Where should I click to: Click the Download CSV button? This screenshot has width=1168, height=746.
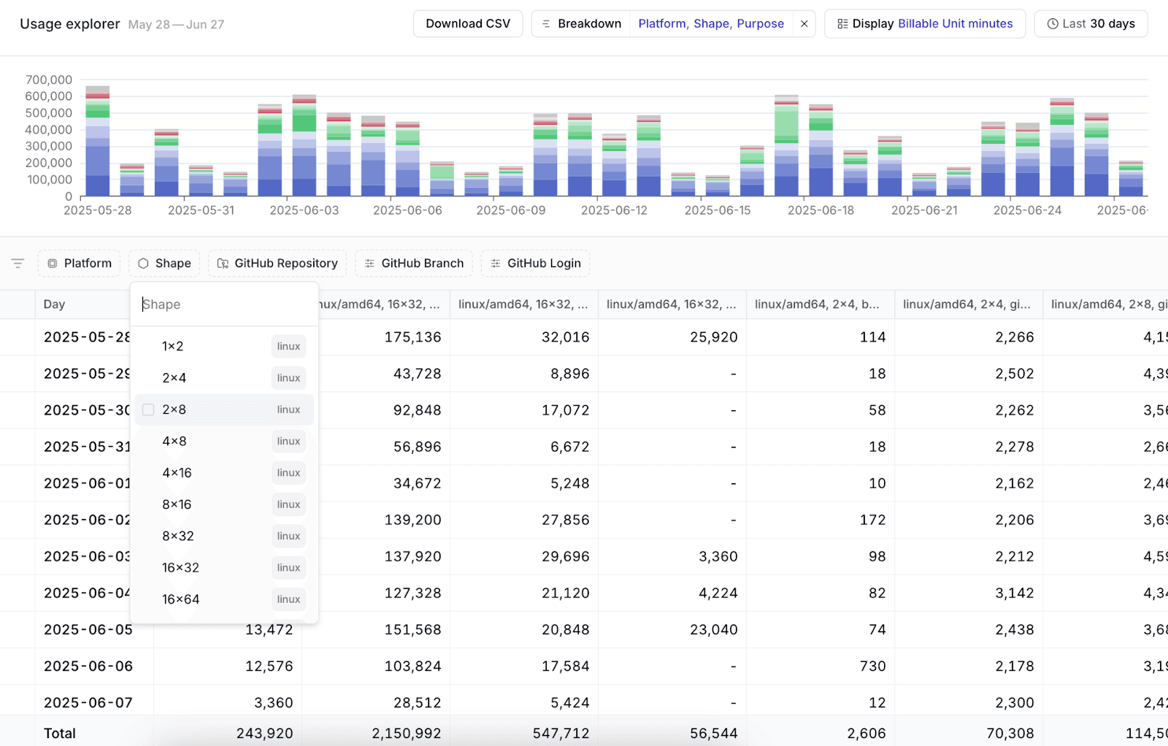pos(468,24)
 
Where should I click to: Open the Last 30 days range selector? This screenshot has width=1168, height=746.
pos(1091,24)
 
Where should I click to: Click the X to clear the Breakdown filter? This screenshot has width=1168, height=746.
pos(804,24)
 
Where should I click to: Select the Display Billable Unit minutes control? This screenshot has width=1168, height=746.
pos(924,24)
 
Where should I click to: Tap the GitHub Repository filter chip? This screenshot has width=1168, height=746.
pos(277,264)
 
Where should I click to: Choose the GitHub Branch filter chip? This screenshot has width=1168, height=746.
pos(414,264)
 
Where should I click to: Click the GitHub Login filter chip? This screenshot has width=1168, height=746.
pos(535,264)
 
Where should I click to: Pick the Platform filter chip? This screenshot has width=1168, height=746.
pos(79,264)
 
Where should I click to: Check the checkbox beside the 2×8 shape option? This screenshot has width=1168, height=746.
pos(148,409)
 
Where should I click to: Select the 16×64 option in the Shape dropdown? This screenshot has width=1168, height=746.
pos(181,599)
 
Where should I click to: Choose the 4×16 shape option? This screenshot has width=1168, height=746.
pos(177,473)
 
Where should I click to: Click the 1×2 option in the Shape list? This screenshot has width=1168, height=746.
pos(173,347)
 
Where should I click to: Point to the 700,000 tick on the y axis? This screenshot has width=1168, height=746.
pos(49,80)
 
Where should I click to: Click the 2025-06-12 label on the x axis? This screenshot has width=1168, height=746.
pos(614,210)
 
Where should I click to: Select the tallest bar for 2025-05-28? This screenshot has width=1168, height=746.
pos(98,142)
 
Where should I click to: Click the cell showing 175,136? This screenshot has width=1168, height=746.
pos(412,337)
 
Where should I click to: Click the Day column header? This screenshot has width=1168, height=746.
pos(55,304)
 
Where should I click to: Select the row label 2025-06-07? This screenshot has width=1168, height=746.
pos(88,703)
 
